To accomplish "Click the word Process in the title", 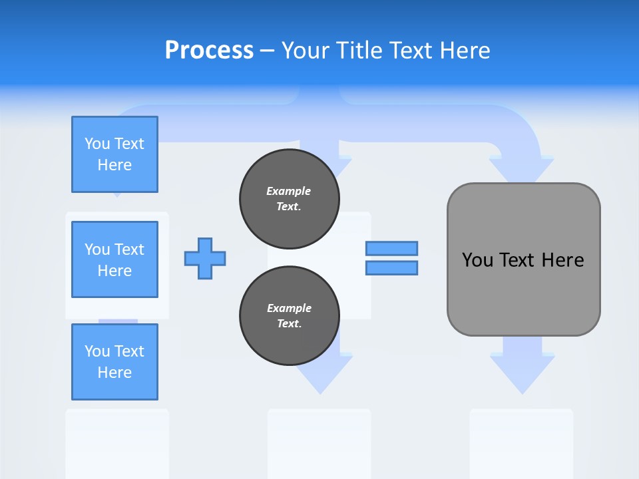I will coord(209,51).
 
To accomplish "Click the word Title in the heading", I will coord(360,51).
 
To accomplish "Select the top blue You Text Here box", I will coord(114,154).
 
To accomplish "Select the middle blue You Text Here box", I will coord(114,259).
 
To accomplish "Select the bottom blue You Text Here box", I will coord(114,362).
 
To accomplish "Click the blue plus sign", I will coord(205,258).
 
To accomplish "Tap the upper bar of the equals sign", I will coord(391,248).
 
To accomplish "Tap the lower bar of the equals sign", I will coord(391,268).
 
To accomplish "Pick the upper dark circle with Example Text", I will coord(289,198).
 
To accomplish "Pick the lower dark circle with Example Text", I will coord(289,316).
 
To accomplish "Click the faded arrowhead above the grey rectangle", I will coord(521,170).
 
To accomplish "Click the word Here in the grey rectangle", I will coord(562,260).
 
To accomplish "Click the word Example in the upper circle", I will coord(288,191).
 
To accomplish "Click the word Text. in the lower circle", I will coord(289,324).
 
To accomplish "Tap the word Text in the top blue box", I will coord(129,144).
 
